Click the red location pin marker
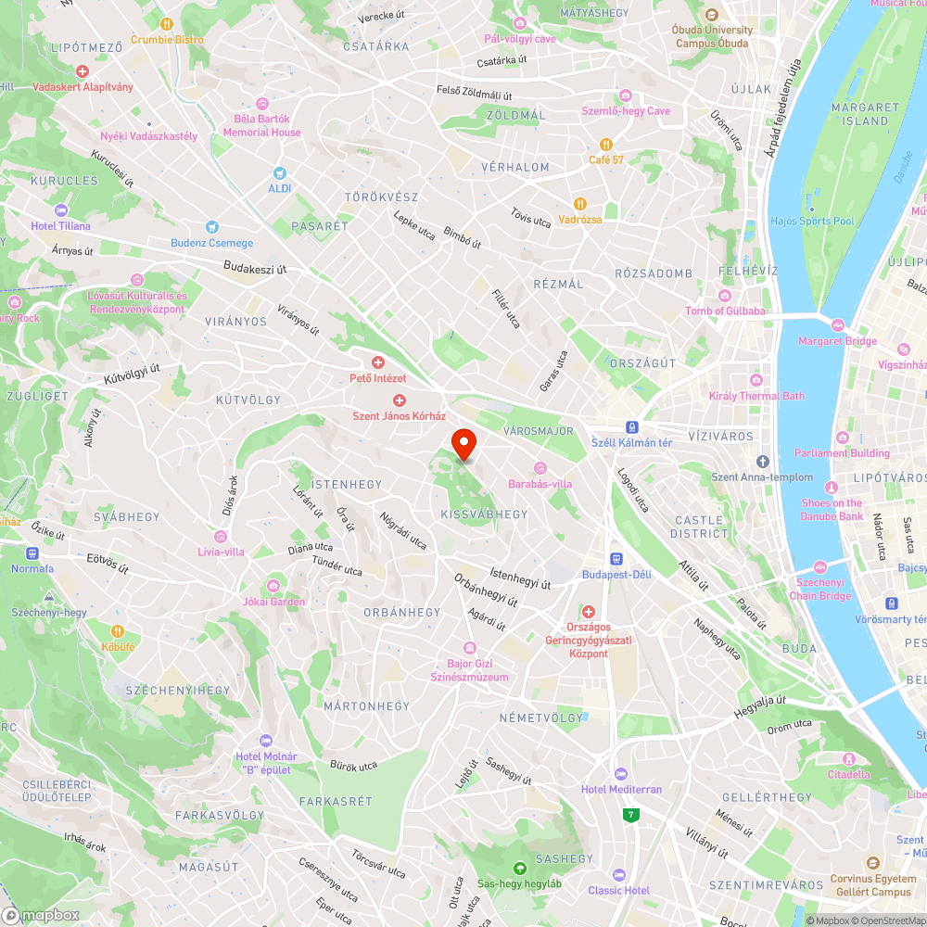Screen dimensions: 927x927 point(463,444)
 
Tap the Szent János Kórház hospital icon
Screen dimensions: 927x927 point(400,400)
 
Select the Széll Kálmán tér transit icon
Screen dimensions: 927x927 point(632,427)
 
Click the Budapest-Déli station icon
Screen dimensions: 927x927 point(616,559)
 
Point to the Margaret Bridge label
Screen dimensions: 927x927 point(837,341)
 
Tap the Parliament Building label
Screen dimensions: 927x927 point(841,453)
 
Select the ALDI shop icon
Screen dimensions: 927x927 point(280,173)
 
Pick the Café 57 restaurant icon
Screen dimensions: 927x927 point(605,145)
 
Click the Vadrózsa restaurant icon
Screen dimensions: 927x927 point(579,204)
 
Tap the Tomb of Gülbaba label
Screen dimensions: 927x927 point(725,311)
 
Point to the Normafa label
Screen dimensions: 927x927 point(32,568)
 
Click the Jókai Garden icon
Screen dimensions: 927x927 point(273,586)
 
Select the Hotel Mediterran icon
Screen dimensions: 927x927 point(621,773)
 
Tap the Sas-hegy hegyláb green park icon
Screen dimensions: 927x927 point(519,869)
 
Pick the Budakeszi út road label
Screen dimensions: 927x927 point(255,269)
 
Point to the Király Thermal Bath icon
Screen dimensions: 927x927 point(756,380)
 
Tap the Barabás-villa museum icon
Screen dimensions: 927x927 point(540,468)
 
